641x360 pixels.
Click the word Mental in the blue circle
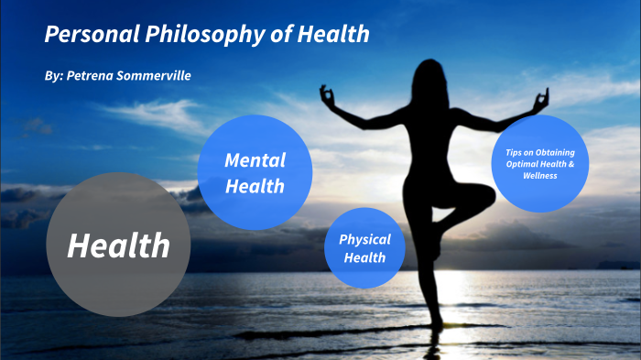click(x=255, y=160)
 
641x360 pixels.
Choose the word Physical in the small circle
click(x=364, y=239)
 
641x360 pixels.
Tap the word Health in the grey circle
click(x=118, y=245)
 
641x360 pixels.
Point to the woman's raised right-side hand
click(x=540, y=95)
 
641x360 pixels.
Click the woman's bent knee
click(x=485, y=195)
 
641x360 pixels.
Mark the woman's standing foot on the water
click(x=438, y=324)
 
